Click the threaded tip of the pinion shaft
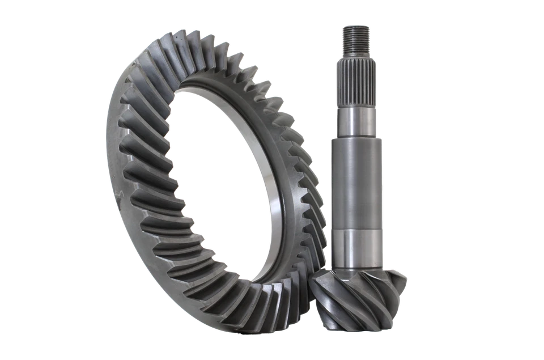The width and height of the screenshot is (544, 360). tap(356, 36)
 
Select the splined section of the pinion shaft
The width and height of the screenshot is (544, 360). tap(356, 79)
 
